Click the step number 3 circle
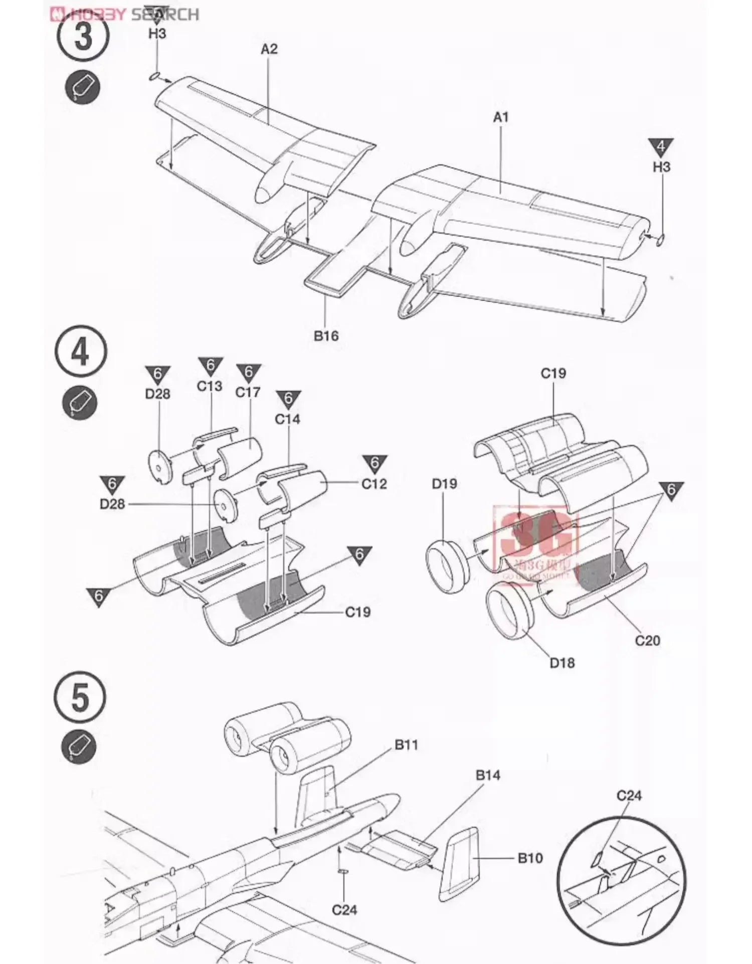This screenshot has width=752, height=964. tap(83, 38)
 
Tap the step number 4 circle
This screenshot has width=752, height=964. tap(81, 352)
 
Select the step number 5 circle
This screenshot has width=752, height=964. tap(80, 697)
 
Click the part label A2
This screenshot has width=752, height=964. tap(269, 49)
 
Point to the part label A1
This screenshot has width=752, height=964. tap(501, 117)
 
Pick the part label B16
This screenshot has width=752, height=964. tap(326, 336)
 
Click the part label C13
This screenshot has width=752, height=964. tap(209, 387)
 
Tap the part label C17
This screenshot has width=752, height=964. tap(248, 392)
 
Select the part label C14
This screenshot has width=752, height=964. tap(287, 419)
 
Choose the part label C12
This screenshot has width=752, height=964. tap(374, 484)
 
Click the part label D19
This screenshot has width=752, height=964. tap(444, 484)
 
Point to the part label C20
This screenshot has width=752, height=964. tap(647, 640)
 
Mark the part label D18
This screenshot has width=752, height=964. tap(562, 663)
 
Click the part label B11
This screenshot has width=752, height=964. tap(406, 745)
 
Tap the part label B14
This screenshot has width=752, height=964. tap(488, 776)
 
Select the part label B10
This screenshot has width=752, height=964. tap(530, 858)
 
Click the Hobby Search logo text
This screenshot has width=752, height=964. tap(125, 14)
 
